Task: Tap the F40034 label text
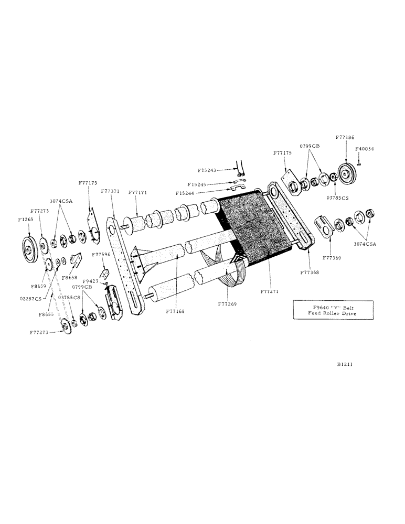point(364,148)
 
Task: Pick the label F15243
point(208,170)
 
